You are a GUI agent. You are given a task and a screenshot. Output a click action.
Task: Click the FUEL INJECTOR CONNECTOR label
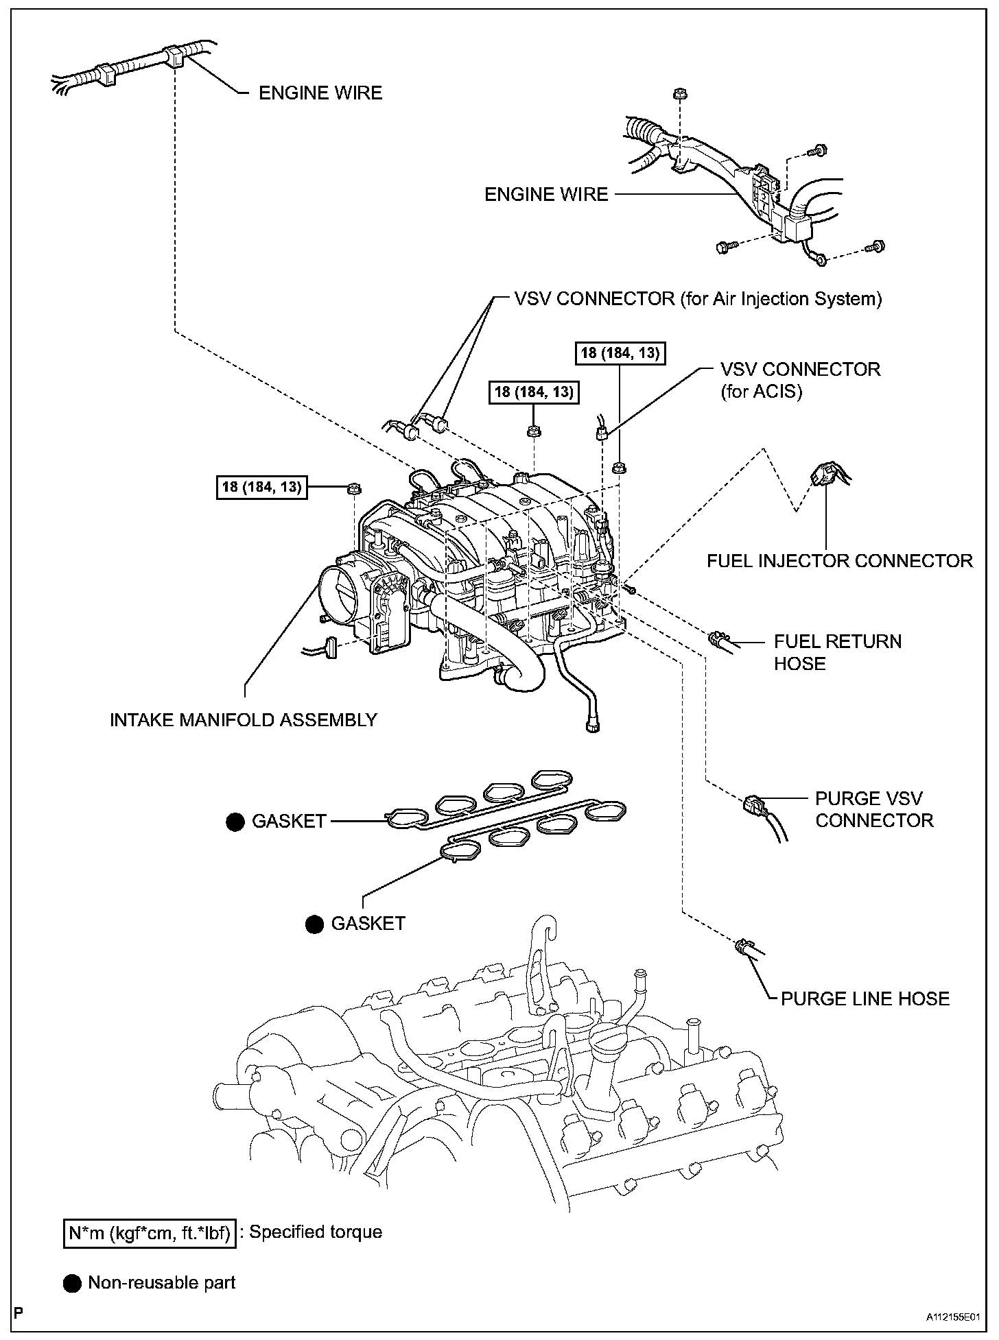coord(840,561)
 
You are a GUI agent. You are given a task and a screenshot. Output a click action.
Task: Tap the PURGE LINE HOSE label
coord(865,998)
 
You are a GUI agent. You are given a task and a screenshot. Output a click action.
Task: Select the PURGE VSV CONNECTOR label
coord(874,809)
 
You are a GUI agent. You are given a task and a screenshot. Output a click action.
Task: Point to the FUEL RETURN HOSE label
coord(837,652)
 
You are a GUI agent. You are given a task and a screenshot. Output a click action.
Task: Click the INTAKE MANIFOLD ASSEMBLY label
coord(244,719)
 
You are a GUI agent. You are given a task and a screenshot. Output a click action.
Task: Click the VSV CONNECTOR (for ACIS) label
coord(800,380)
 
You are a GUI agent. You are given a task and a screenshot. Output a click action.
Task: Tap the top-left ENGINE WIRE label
coord(320,93)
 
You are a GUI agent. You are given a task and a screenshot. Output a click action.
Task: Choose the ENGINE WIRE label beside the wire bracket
coord(546,194)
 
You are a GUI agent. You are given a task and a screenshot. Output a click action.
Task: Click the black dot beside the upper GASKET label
coord(235,822)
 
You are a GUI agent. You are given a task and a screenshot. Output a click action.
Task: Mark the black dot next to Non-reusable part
coord(72,1283)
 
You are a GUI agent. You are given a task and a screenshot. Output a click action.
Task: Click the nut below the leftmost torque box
coord(355,489)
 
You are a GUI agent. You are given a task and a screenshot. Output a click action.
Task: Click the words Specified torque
coord(316,1232)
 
